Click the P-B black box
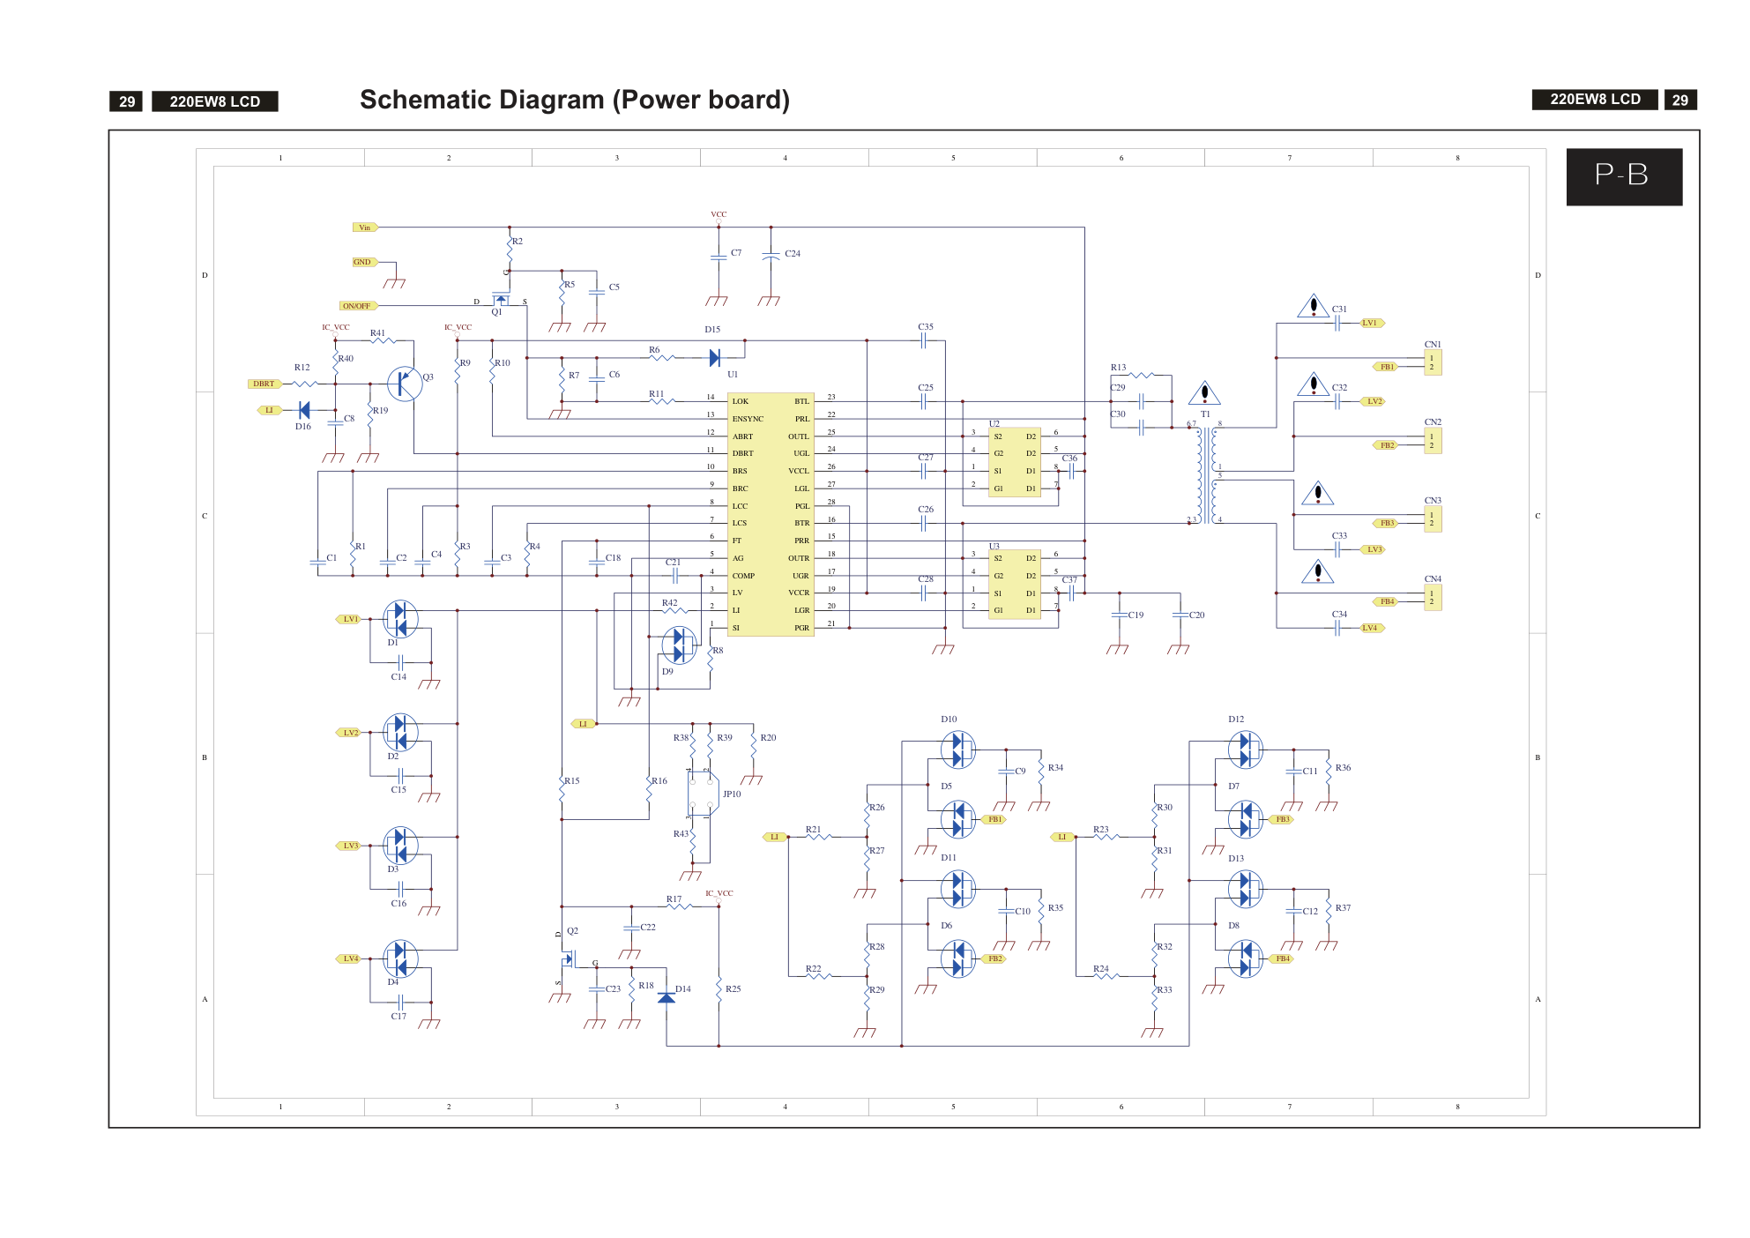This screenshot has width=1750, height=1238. click(1623, 176)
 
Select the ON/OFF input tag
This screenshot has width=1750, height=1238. click(357, 306)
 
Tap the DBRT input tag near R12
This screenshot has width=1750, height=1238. click(264, 384)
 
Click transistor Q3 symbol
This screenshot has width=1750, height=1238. click(405, 384)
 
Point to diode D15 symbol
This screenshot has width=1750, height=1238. click(715, 358)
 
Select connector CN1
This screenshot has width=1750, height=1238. click(1433, 362)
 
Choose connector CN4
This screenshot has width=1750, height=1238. click(1433, 598)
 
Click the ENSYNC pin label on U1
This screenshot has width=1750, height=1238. click(748, 419)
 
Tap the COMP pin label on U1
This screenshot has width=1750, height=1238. click(743, 576)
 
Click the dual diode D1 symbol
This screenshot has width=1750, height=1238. click(400, 619)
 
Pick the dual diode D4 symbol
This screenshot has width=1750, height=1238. click(400, 958)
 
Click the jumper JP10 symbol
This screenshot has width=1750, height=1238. click(703, 794)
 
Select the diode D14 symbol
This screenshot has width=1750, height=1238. click(666, 997)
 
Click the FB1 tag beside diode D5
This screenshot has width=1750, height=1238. click(994, 819)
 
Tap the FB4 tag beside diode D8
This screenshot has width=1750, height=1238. click(1282, 958)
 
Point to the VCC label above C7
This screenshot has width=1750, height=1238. click(719, 214)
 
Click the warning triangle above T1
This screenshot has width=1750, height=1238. click(1204, 392)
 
